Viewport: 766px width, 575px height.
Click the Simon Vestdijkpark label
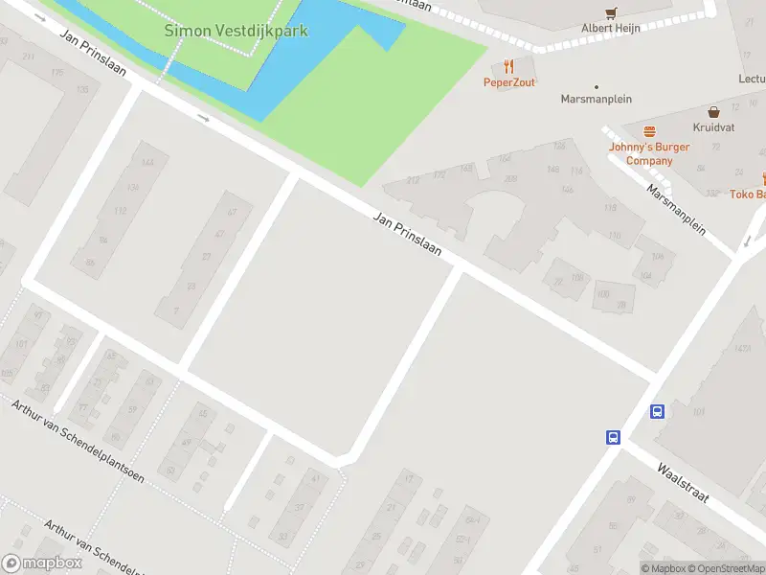237,31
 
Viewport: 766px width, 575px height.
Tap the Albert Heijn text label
611,29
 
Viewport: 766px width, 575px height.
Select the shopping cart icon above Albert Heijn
611,12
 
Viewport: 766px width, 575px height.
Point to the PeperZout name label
508,82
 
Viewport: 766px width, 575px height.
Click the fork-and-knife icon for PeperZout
508,66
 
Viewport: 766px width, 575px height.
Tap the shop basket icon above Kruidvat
713,112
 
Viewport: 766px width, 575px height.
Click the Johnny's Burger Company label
649,153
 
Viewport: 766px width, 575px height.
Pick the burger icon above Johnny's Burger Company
649,131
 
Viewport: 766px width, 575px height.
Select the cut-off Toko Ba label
748,195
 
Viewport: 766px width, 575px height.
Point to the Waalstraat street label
682,484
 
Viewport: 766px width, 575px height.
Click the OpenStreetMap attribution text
732,569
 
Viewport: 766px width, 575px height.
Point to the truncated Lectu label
752,80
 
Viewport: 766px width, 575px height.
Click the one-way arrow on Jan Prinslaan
203,118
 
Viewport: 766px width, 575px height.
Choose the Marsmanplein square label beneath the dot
597,99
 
